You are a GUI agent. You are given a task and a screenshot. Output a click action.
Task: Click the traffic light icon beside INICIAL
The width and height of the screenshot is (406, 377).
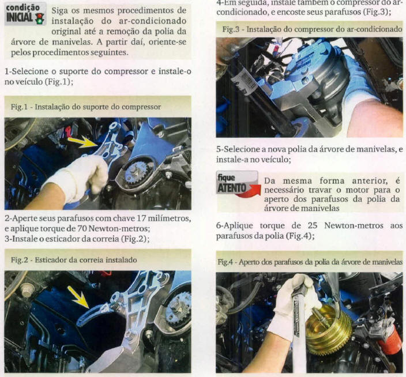[40, 18]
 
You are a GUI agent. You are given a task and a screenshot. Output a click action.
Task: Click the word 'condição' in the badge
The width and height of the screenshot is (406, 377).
[23, 7]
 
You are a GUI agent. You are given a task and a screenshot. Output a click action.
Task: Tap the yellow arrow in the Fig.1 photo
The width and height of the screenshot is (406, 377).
[82, 142]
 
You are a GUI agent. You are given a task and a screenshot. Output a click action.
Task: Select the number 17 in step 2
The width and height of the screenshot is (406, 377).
[141, 218]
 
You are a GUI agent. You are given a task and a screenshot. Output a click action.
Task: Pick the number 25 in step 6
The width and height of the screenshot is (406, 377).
[312, 225]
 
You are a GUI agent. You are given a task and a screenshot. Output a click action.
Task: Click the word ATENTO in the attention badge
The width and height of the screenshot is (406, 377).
[231, 188]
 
